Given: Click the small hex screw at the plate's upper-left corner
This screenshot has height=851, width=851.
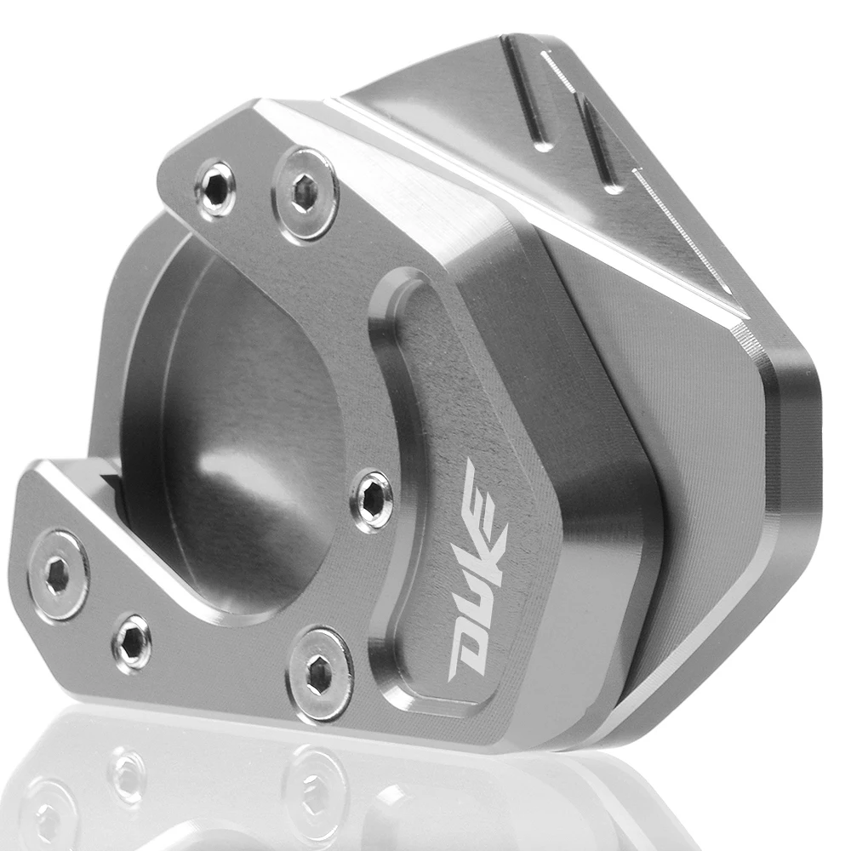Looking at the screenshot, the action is pyautogui.click(x=215, y=186).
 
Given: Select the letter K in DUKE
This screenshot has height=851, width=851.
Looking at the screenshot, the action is pyautogui.click(x=485, y=543).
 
